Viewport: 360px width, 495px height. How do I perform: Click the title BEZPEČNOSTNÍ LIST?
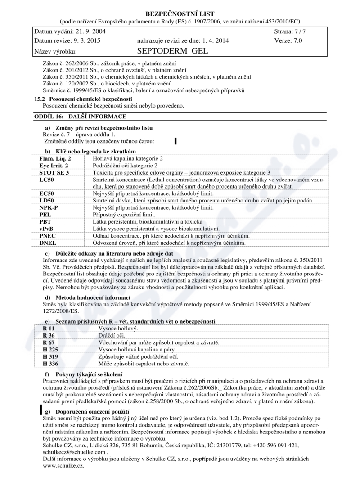tap(180, 13)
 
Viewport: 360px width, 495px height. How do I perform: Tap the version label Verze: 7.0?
tap(288, 40)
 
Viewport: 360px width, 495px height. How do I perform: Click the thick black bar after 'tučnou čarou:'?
tap(175, 141)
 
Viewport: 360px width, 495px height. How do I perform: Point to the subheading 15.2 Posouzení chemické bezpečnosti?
tap(83, 99)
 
